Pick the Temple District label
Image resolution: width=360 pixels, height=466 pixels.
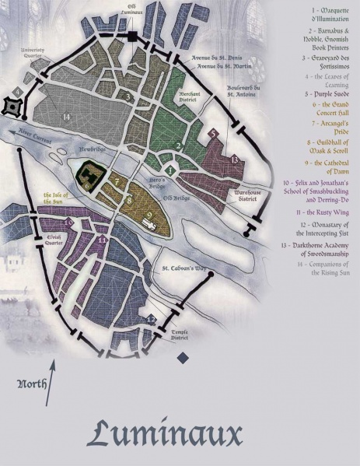coord(182,334)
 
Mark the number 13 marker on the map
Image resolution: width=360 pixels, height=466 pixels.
coord(234,158)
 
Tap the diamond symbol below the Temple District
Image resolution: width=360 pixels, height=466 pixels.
coord(183,357)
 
